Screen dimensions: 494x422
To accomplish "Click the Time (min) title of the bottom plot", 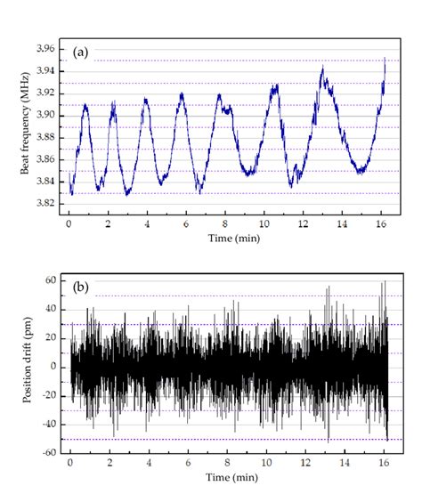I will tap(228, 481).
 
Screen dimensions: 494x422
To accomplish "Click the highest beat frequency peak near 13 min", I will tap(323, 68).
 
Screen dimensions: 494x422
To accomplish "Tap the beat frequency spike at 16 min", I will tap(385, 59).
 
